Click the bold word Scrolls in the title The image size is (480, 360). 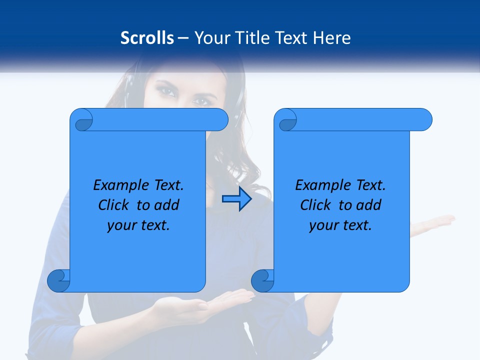click(147, 37)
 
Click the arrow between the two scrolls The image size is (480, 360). click(236, 199)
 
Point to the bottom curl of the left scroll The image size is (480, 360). click(59, 280)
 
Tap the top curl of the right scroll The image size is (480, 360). click(286, 120)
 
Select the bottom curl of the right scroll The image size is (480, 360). click(262, 280)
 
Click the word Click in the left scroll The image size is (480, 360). click(115, 205)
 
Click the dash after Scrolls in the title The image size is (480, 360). click(182, 38)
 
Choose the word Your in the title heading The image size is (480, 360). click(210, 37)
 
